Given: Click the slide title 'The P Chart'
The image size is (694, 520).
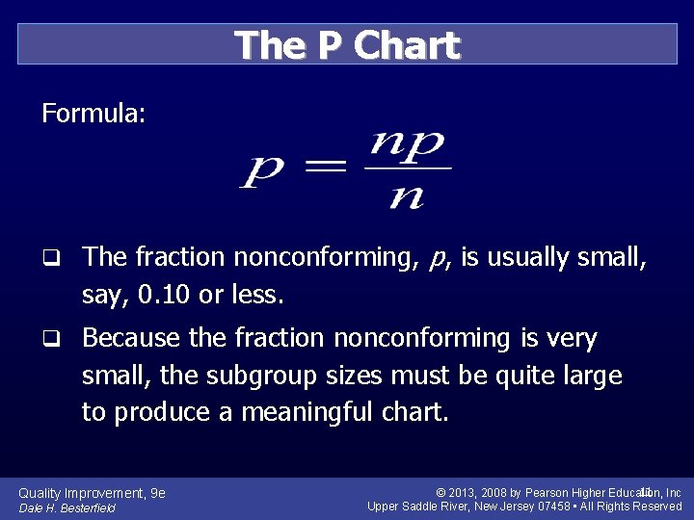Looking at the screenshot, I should (x=347, y=45).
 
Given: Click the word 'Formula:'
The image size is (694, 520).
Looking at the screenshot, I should (x=93, y=115).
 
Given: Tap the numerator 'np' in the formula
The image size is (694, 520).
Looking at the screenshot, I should (x=407, y=145).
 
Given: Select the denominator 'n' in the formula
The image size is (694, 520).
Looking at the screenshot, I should (x=408, y=196).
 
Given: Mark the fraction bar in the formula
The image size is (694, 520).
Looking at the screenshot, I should (x=408, y=169).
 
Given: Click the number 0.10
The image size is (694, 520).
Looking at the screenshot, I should (x=165, y=294).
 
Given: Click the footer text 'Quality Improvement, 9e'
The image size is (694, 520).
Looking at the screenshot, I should (x=93, y=493).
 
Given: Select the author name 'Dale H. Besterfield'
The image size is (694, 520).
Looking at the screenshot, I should (x=67, y=507).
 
